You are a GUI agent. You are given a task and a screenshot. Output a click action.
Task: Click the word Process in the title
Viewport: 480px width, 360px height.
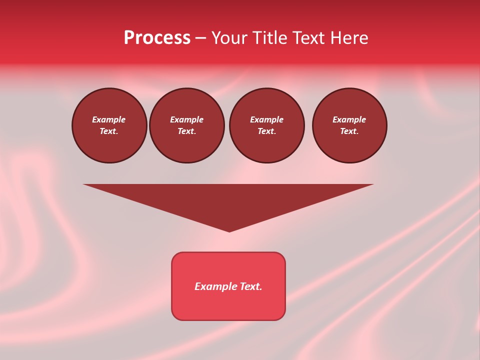pos(157,38)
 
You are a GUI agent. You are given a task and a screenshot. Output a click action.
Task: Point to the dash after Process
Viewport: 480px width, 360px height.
pos(200,39)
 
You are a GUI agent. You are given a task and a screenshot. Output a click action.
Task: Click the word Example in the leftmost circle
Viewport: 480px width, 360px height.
pos(109,119)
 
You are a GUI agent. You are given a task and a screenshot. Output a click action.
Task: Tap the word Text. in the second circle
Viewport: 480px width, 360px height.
pos(187,131)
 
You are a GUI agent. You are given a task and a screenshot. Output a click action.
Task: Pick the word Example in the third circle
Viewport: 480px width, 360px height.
pos(267,119)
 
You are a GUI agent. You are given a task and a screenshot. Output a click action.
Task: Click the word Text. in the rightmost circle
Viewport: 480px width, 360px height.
pos(349,131)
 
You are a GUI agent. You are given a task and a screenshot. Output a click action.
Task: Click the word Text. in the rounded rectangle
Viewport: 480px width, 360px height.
pos(251,286)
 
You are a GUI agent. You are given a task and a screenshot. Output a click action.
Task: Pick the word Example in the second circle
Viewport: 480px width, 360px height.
pos(187,119)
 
